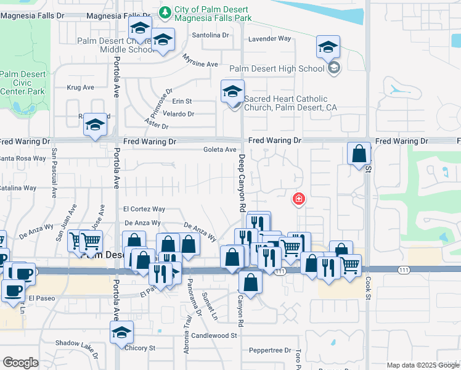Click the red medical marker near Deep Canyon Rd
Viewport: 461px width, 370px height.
[298, 199]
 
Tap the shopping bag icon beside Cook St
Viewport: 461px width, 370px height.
[359, 153]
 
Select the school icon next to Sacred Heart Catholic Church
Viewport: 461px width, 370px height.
[233, 92]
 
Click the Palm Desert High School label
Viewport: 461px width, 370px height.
[277, 68]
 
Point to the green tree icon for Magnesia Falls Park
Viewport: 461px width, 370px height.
[165, 10]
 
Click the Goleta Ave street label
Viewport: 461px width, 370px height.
[220, 150]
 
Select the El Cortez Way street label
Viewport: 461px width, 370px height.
[144, 210]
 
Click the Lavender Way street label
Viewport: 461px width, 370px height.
[269, 39]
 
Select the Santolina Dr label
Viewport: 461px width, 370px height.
[210, 36]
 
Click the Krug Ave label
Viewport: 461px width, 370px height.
[80, 88]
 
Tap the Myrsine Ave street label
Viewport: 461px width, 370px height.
[200, 60]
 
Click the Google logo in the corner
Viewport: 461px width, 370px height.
[20, 363]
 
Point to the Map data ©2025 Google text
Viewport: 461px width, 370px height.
[422, 365]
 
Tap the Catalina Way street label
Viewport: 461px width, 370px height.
[18, 188]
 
